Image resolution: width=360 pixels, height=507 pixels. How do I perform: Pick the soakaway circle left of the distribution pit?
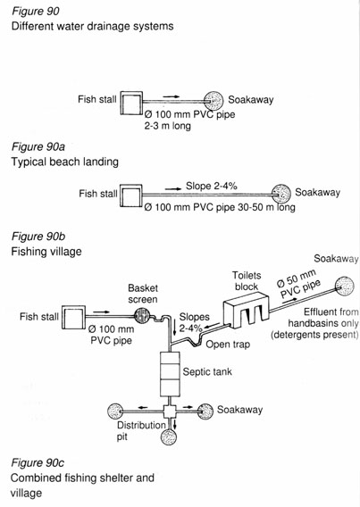[115, 411]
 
